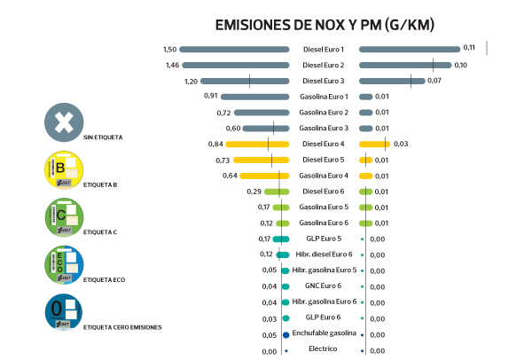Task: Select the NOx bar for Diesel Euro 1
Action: [234, 49]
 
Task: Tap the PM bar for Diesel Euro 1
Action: [410, 49]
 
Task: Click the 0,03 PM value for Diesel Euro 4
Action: [401, 144]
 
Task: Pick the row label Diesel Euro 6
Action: [324, 192]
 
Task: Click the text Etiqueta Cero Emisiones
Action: [122, 327]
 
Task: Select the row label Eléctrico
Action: [324, 350]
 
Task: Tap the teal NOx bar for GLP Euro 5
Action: [282, 239]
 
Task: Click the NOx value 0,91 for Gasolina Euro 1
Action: [210, 97]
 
